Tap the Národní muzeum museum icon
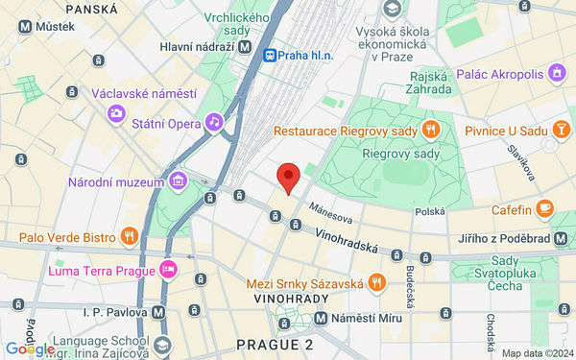tap(177, 182)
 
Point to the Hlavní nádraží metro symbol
tap(246, 45)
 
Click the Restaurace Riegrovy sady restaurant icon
tap(431, 130)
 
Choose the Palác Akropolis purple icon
tap(556, 72)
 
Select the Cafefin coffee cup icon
tap(544, 206)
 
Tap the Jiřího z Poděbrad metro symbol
tap(560, 237)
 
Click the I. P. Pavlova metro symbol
tap(157, 311)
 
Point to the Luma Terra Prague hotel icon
tap(169, 268)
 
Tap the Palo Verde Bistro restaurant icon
tap(130, 235)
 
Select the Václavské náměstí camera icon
tap(117, 113)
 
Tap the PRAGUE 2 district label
tap(275, 345)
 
